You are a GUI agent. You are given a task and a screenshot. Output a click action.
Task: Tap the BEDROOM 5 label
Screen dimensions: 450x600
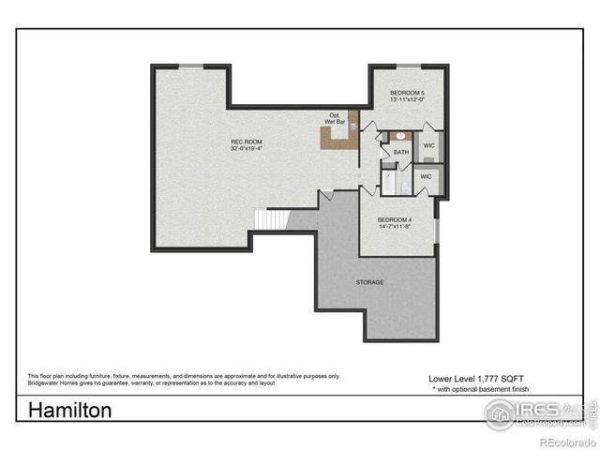(408, 94)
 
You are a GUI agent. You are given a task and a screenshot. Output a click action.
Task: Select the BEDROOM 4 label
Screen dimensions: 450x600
(395, 220)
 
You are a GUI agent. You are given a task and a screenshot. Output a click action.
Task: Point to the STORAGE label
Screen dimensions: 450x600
(368, 281)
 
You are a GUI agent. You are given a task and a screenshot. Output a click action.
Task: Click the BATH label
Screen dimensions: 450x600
(401, 152)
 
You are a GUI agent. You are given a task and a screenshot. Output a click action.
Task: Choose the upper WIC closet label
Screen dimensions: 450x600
(428, 146)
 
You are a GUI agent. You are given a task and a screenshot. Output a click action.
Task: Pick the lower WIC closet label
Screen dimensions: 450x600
(426, 176)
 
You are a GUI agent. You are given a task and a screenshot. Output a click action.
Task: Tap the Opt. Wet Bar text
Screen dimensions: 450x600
(335, 118)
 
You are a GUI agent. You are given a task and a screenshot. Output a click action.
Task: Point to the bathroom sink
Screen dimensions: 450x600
(399, 137)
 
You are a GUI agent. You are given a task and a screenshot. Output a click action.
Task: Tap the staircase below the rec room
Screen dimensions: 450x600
(272, 220)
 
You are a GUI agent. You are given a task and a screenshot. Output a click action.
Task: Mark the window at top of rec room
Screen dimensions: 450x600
(190, 66)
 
